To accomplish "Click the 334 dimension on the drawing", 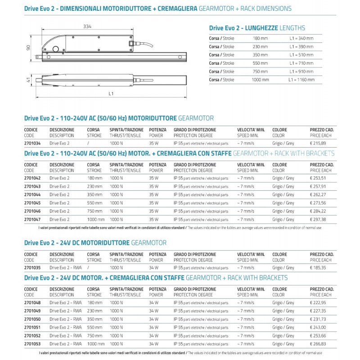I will (87, 27).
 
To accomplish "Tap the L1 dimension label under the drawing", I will (111, 94).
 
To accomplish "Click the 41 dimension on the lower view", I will (28, 80).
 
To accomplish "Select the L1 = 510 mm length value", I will (301, 55).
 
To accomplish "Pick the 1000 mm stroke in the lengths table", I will (261, 80).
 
